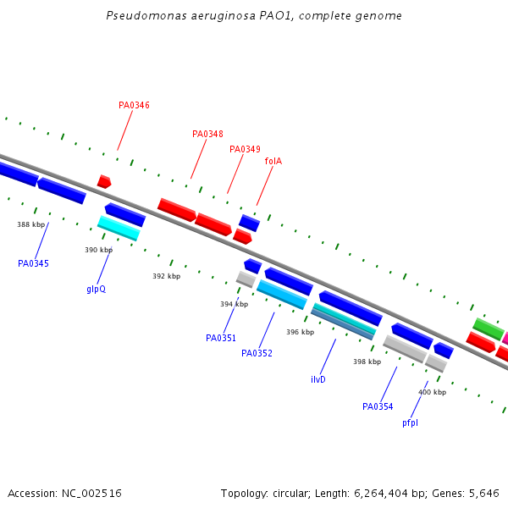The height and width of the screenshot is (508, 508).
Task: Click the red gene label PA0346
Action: pyautogui.click(x=134, y=106)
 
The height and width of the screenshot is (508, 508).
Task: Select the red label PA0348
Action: pyautogui.click(x=207, y=135)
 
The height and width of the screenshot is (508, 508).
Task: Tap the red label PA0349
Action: pyautogui.click(x=245, y=150)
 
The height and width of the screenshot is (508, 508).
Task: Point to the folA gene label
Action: pyautogui.click(x=273, y=162)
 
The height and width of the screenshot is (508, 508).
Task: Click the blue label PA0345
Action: pyautogui.click(x=33, y=264)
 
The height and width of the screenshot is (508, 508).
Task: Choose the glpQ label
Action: pyautogui.click(x=96, y=290)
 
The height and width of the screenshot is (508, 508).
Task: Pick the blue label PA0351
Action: pyautogui.click(x=221, y=339)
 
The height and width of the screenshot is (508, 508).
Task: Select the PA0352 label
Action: pyautogui.click(x=257, y=354)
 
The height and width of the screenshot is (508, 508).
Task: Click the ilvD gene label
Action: pyautogui.click(x=318, y=380)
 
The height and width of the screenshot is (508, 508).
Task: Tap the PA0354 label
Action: pyautogui.click(x=378, y=407)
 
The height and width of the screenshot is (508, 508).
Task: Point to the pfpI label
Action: pyautogui.click(x=410, y=423)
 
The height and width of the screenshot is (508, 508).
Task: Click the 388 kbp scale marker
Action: pyautogui.click(x=30, y=225)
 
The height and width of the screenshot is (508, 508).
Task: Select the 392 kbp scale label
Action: pyautogui.click(x=166, y=277)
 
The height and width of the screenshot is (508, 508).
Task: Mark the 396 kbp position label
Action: pyautogui.click(x=300, y=333)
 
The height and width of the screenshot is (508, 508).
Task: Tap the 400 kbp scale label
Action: pyautogui.click(x=432, y=393)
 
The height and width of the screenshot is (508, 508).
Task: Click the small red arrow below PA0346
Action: pyautogui.click(x=104, y=182)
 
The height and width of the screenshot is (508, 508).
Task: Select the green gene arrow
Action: pyautogui.click(x=488, y=329)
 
